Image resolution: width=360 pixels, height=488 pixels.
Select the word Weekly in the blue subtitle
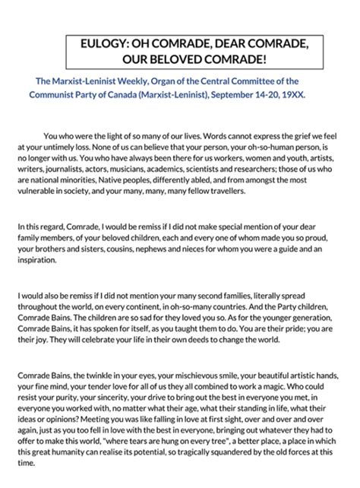pyautogui.click(x=137, y=81)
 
